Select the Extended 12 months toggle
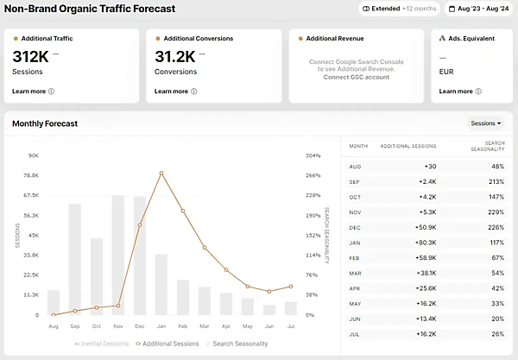[399, 9]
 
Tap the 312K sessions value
[31, 56]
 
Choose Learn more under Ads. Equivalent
[456, 91]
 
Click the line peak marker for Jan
[161, 174]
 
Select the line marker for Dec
[140, 225]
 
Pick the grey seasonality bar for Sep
[75, 259]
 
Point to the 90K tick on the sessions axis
[34, 155]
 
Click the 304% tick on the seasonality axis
[313, 155]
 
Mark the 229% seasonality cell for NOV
[496, 212]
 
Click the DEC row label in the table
[355, 227]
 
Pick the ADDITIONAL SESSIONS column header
[408, 147]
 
